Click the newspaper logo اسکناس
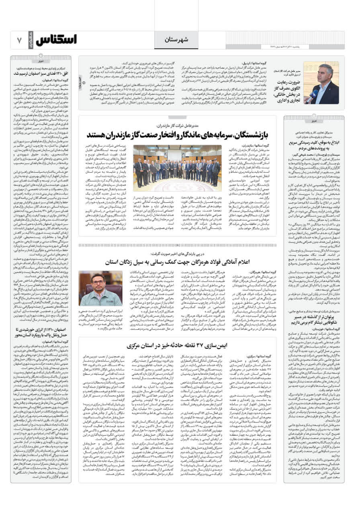click(56, 40)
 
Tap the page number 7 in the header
click(19, 40)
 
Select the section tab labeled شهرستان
click(176, 40)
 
